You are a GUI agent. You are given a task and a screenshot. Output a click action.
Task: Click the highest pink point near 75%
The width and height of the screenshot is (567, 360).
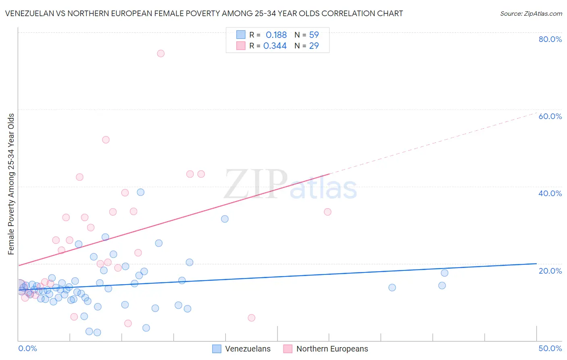pos(161,53)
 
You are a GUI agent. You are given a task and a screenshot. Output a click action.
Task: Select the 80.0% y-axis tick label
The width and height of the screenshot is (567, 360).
pos(550,39)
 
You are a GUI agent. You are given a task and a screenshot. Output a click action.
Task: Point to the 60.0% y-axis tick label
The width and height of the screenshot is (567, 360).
pos(550,116)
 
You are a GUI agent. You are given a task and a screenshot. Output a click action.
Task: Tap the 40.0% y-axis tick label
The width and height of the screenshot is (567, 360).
pos(550,193)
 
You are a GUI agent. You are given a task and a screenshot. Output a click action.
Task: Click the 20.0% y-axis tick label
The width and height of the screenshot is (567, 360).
pos(550,271)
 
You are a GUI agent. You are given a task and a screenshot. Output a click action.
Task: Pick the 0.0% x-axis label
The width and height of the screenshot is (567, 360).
pos(27,348)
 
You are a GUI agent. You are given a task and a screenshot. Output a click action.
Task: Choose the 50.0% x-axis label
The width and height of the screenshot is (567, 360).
pos(550,348)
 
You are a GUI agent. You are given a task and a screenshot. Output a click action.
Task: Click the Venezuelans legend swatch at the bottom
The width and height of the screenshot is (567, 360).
pos(217,349)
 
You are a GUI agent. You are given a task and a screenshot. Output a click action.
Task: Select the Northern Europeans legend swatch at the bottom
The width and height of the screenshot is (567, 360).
pos(288,349)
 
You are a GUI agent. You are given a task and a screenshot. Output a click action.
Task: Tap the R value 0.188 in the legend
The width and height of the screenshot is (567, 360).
pos(276,35)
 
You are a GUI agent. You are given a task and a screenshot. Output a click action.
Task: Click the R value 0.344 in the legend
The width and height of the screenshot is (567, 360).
pos(275,46)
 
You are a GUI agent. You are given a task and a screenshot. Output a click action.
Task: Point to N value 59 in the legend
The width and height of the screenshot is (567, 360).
pos(314,35)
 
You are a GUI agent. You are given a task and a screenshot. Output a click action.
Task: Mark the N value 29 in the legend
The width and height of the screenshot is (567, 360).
pos(314,46)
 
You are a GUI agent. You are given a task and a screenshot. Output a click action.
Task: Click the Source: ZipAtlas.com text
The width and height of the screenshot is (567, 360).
pos(531,14)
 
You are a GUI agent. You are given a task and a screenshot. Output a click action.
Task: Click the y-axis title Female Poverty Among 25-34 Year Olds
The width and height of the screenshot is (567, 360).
pos(11,184)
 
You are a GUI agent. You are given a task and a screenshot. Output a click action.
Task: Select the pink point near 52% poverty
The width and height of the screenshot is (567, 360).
pos(106,140)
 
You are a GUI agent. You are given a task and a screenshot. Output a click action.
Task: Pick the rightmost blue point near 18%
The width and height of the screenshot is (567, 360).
pos(444,273)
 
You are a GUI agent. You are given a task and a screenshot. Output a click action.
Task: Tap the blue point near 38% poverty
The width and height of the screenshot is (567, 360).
pos(140,192)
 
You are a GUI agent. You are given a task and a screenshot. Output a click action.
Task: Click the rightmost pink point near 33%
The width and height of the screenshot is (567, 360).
pos(327,212)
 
